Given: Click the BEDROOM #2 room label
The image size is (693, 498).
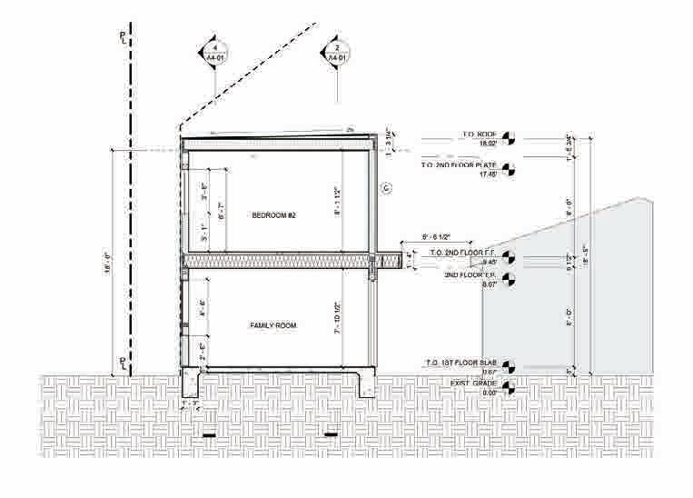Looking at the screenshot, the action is [274, 215].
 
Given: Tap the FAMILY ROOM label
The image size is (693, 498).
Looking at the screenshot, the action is [273, 324].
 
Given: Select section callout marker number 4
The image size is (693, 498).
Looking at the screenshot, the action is [215, 53].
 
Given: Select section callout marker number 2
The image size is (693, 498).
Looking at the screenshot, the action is [337, 53].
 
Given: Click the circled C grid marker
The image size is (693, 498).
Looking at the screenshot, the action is [385, 188].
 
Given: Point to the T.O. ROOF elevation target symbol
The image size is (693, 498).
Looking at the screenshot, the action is [508, 139].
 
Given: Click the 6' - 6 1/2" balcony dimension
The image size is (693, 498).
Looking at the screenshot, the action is [439, 238].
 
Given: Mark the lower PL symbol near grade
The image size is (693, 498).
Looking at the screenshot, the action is [125, 363].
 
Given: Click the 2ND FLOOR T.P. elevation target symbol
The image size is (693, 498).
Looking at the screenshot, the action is [508, 279].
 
